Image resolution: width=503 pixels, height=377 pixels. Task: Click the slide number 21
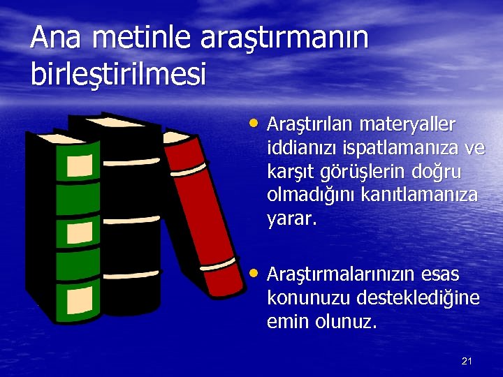pyautogui.click(x=467, y=361)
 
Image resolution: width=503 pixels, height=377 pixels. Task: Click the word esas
pyautogui.click(x=440, y=274)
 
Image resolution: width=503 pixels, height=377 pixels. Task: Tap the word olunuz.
pyautogui.click(x=345, y=322)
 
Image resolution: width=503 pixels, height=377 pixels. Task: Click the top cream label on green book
pyautogui.click(x=80, y=165)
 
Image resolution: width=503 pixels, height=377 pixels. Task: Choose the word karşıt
pyautogui.click(x=289, y=172)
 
